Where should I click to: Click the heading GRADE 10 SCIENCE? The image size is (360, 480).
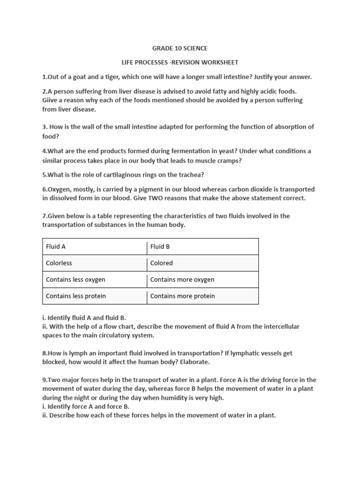tap(180, 48)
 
